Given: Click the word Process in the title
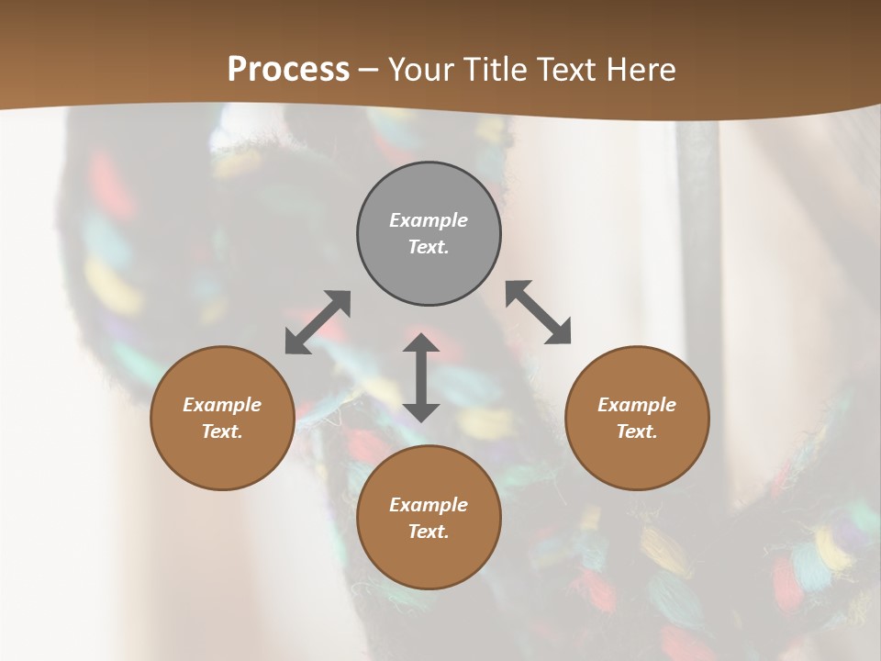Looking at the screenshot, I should [x=288, y=70].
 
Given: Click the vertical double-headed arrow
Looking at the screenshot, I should [x=421, y=377].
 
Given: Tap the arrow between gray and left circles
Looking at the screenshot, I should [x=318, y=322].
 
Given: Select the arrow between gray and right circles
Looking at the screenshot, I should [x=539, y=312].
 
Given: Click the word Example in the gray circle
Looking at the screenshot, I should [x=429, y=220].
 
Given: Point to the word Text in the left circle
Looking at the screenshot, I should [x=222, y=431].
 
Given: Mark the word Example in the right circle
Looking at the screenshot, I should [x=637, y=405].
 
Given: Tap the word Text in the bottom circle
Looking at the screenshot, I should [x=429, y=532].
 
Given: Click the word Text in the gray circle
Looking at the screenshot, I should [x=429, y=247].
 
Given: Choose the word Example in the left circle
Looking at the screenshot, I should [x=222, y=405].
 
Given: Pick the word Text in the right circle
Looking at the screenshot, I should [x=637, y=431].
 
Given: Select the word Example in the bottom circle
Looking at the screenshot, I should [x=429, y=505].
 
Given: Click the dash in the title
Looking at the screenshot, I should [x=368, y=70].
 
